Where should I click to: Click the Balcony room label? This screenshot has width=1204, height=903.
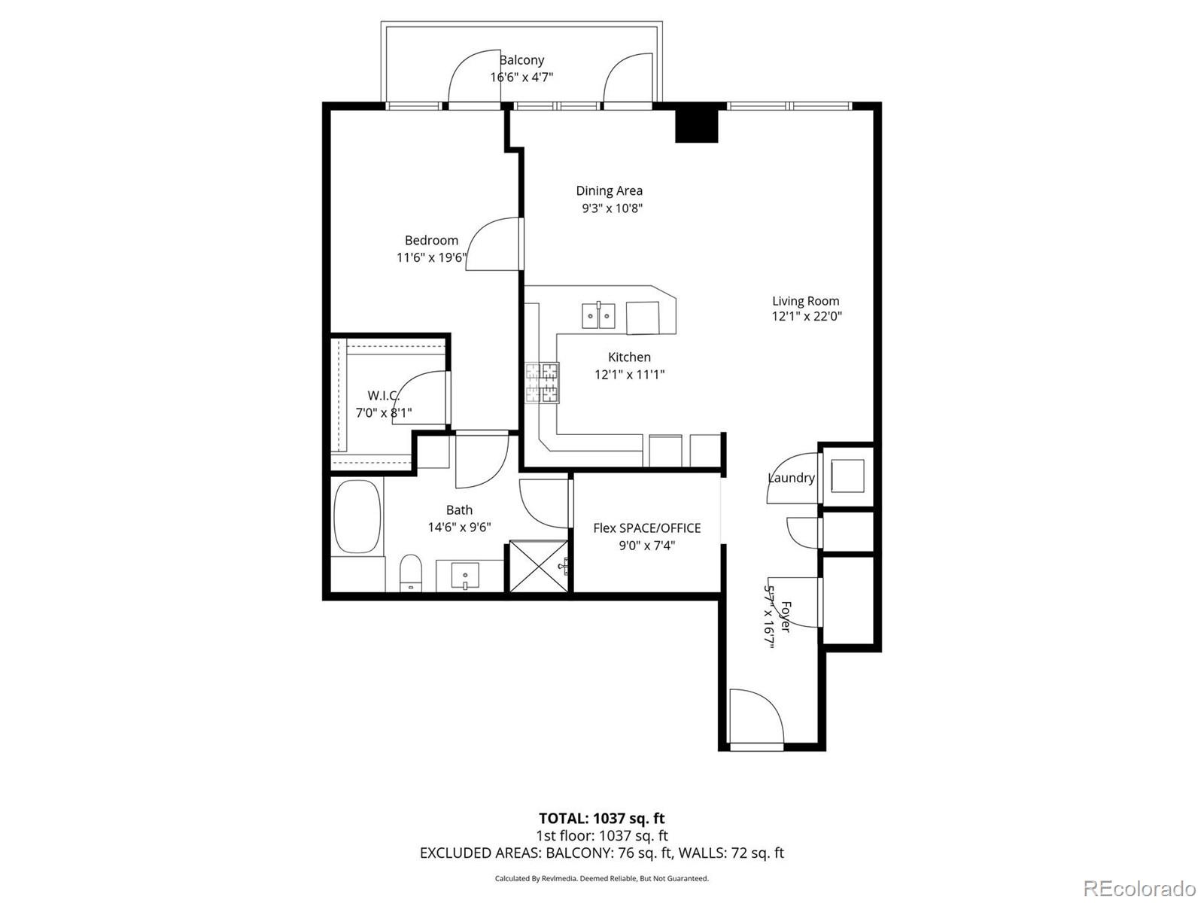521,60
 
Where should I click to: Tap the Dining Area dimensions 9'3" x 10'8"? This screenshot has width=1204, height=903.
612,208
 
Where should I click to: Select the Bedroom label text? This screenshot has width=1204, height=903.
431,240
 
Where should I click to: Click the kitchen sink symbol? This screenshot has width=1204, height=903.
598,315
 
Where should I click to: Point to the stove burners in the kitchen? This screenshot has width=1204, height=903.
542,382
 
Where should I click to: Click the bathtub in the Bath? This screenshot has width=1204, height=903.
357,518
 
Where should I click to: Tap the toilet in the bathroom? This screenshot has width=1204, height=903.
410,574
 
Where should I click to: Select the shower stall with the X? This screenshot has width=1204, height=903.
539,567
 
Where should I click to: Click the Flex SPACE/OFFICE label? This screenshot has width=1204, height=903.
646,528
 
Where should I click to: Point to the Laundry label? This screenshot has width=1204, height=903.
791,478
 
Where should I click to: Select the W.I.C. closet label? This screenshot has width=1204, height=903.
383,395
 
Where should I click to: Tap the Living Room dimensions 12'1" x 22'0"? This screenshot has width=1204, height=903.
807,317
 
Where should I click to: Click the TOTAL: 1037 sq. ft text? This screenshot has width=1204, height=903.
601,818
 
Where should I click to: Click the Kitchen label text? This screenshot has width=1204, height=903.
629,357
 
